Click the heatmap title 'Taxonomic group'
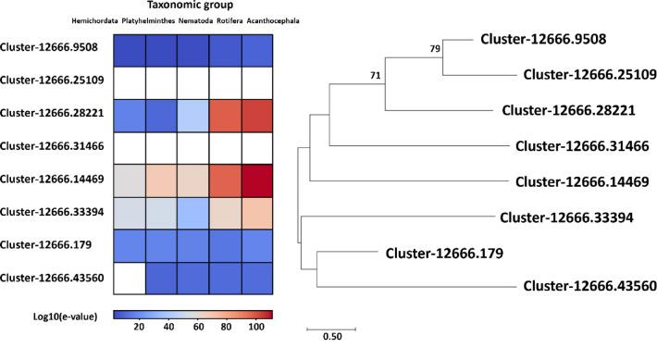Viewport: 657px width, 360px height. click(x=192, y=6)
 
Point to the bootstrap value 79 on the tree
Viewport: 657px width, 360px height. click(x=435, y=48)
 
